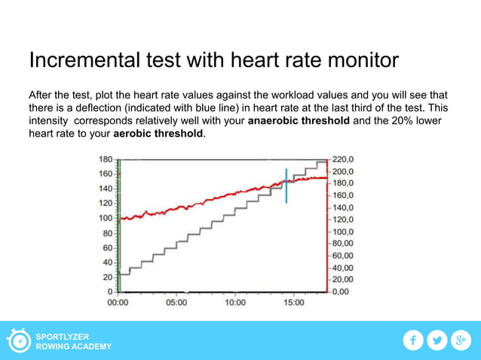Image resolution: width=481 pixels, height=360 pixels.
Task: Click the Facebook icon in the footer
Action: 412,341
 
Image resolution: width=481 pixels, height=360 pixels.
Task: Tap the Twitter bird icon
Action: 437,341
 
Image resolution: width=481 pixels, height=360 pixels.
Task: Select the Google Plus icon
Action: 461,341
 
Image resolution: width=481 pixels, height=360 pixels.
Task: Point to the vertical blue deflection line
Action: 286,186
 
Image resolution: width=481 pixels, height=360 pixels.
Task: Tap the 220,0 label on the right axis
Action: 348,160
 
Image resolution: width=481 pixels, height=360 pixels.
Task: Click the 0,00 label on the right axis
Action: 343,291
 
